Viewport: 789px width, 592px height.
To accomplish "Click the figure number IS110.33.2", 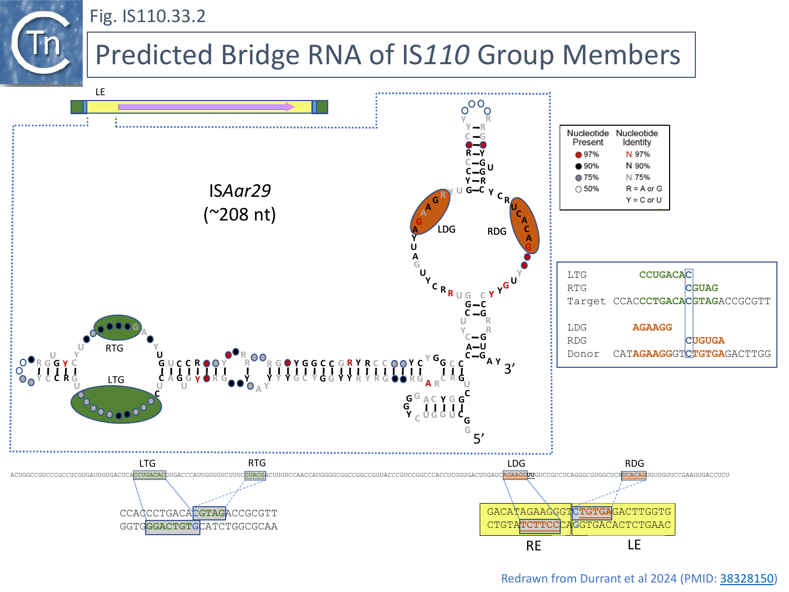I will (x=147, y=16).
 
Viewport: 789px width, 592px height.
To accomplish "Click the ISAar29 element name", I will (x=240, y=190).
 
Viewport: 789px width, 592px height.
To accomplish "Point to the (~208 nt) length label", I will (x=240, y=215).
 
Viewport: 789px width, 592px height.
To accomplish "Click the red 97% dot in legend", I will (x=579, y=155).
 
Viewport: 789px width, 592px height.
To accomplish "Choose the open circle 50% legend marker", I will (x=579, y=189).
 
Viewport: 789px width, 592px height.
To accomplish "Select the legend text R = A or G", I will (x=644, y=188).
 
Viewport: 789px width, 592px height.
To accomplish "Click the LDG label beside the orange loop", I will (x=447, y=229).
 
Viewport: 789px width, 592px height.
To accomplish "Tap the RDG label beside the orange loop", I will (x=497, y=232).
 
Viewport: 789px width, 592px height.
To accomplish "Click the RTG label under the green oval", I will (x=114, y=348).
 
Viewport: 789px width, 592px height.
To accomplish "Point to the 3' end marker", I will (x=509, y=369).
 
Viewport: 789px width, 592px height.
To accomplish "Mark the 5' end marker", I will (x=479, y=439).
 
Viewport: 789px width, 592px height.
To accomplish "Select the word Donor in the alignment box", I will (x=583, y=354).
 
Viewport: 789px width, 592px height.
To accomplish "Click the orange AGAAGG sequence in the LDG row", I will (x=652, y=327).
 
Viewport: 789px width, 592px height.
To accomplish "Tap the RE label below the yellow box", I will (x=533, y=546).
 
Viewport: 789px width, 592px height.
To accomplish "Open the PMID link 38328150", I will (x=746, y=578).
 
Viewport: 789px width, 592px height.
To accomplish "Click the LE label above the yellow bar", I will (x=100, y=92).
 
